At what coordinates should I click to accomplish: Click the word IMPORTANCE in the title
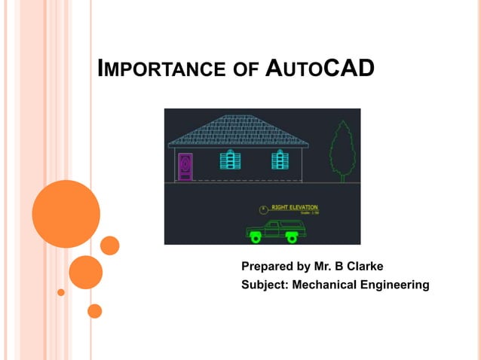click(160, 70)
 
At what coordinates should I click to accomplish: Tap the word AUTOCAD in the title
click(320, 69)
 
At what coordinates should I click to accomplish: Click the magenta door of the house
click(185, 166)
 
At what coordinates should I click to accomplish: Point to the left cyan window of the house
click(230, 160)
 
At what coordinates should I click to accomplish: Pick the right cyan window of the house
click(280, 160)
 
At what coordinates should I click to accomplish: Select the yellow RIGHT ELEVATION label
click(294, 207)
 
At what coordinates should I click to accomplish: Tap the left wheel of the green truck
click(256, 238)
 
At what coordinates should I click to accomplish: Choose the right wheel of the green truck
click(291, 238)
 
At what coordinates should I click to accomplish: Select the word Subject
click(264, 285)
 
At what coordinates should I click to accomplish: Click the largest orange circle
click(66, 214)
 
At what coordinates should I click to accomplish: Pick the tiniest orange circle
click(61, 292)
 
